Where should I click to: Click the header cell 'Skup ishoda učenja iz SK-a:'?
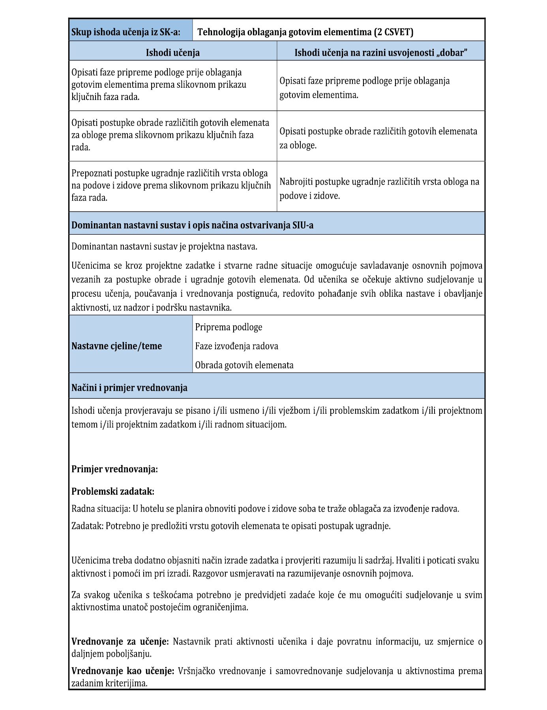(126, 32)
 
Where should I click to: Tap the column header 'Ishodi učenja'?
(173, 53)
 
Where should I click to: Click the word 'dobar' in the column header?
(453, 53)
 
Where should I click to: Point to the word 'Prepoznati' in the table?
(91, 173)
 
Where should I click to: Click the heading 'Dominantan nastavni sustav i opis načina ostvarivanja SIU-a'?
(192, 225)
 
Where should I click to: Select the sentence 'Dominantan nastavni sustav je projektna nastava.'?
(164, 247)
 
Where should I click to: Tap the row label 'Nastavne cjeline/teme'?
(117, 346)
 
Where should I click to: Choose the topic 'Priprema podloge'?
(229, 327)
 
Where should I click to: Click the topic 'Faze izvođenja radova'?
(236, 346)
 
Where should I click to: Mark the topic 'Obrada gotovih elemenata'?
(244, 365)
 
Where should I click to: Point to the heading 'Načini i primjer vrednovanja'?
(129, 388)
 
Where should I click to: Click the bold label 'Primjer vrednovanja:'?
(114, 469)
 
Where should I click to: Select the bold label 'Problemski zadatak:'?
(113, 491)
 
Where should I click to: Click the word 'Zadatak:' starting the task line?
(87, 526)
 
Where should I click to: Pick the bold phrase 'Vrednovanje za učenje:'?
(120, 641)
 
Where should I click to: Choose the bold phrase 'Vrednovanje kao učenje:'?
(123, 670)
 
